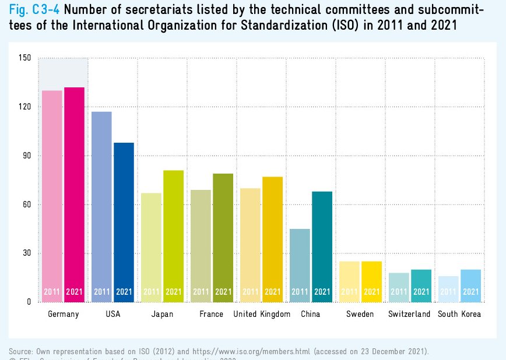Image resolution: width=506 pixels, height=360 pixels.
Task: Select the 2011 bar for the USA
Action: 101,207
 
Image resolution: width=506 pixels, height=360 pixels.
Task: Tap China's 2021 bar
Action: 322,245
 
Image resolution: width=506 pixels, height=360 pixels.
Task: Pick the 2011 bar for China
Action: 300,265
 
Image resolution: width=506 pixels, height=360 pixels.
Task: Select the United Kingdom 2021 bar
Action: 272,239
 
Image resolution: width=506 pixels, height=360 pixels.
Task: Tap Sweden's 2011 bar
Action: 349,280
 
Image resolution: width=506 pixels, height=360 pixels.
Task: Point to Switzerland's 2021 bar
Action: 421,284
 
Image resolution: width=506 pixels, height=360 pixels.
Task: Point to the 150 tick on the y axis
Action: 24,58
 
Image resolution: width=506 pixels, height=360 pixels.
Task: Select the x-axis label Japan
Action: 162,315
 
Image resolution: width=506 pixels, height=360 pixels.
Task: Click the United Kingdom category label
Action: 262,315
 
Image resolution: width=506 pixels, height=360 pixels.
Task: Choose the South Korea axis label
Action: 459,315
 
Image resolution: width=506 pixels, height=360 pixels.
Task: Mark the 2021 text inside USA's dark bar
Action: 124,292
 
